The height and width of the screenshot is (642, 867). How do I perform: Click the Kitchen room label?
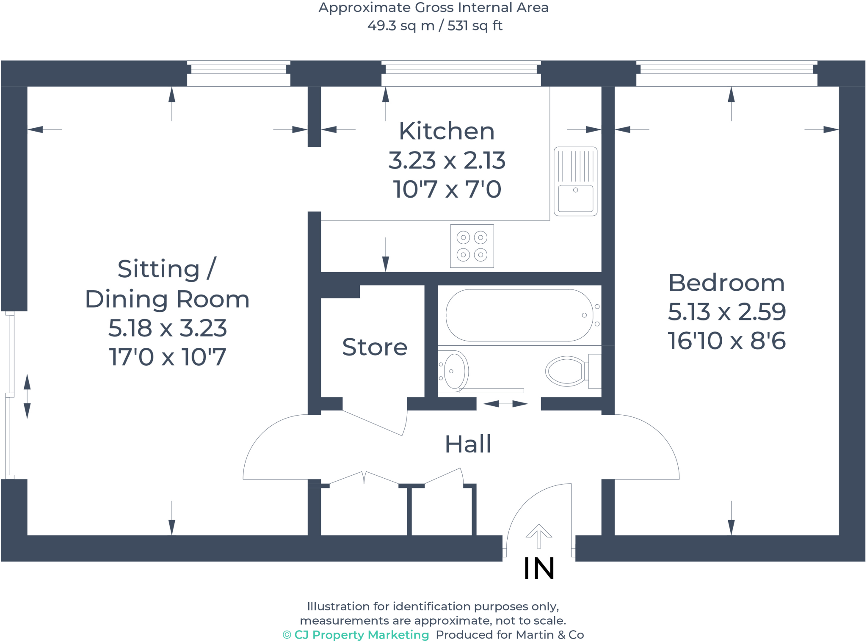point(447,131)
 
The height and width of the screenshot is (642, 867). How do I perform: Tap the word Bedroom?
point(726,283)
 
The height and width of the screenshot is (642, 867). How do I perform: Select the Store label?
point(375,347)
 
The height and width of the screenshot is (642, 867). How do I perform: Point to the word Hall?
point(468,444)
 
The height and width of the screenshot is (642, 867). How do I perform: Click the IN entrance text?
point(539,568)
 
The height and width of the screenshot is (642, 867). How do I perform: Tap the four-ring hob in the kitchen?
point(472,246)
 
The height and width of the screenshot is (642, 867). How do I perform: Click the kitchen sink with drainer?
point(576,181)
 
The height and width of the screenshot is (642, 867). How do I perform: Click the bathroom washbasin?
point(453,371)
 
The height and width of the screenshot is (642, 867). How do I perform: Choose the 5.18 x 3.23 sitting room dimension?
point(168,328)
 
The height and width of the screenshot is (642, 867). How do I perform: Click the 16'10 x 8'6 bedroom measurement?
point(726,341)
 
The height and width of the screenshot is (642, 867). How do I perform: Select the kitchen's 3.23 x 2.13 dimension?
point(447,160)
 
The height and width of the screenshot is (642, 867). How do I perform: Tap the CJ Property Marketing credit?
point(356,635)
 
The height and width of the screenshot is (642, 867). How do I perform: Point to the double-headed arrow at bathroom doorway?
point(505,404)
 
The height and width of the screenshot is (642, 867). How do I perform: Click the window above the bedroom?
point(727,74)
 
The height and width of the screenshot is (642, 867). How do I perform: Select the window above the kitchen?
point(461,74)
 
